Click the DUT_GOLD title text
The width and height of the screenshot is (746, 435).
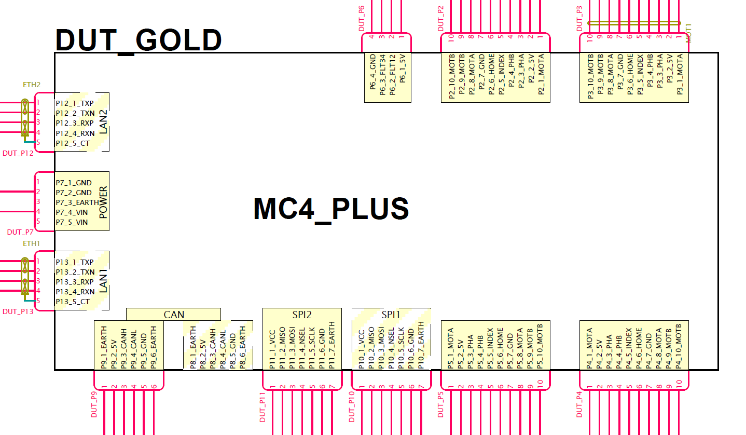click(138, 40)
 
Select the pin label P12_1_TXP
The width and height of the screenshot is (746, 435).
click(75, 103)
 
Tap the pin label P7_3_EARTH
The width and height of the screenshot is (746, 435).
click(77, 202)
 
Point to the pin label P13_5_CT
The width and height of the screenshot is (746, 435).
click(73, 302)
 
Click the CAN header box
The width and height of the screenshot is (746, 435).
click(173, 315)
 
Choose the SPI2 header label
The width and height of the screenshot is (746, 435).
click(302, 315)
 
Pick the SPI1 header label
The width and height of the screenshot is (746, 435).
click(390, 315)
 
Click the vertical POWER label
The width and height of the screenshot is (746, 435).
click(103, 202)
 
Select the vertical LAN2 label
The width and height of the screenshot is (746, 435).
click(104, 122)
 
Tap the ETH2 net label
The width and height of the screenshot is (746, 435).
click(31, 85)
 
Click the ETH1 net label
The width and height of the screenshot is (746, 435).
click(31, 243)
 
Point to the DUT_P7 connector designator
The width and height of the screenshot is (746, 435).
click(20, 232)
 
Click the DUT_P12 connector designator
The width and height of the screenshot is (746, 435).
click(18, 153)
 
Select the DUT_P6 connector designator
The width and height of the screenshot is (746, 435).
click(362, 19)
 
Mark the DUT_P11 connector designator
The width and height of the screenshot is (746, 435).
click(263, 407)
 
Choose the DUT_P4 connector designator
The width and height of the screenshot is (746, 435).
click(579, 404)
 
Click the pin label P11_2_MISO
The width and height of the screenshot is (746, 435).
click(282, 348)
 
